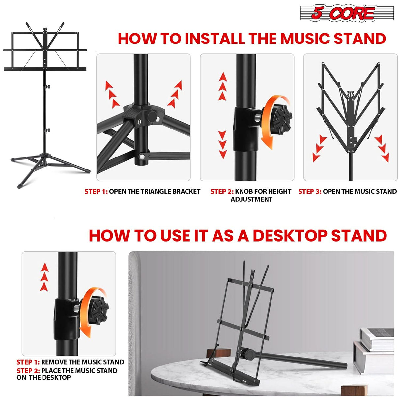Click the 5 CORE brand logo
[x=347, y=13]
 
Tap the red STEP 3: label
[x=309, y=192]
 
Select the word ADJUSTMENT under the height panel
[x=251, y=199]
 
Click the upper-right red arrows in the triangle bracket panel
[x=175, y=94]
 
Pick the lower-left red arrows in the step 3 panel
[x=319, y=148]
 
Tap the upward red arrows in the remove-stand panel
[x=44, y=277]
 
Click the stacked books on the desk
[x=374, y=349]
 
